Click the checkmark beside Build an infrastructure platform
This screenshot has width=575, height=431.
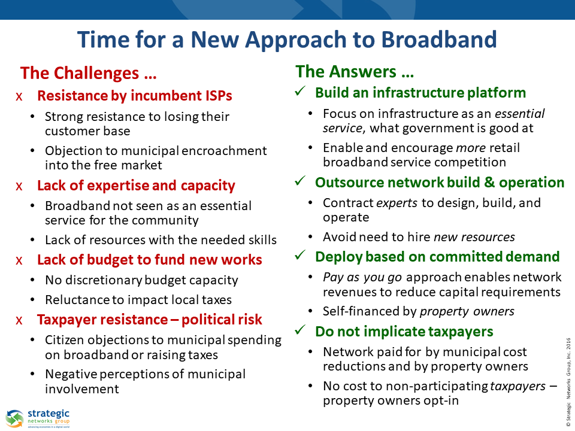point(300,91)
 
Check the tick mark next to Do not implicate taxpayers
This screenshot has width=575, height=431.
point(300,330)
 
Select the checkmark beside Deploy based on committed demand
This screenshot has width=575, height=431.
point(300,255)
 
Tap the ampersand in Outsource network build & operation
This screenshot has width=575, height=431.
point(489,183)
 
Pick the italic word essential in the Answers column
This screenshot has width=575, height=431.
point(520,114)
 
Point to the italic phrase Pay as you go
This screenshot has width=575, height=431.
point(362,277)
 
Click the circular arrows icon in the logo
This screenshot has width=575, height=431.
point(14,418)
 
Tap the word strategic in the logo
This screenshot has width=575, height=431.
point(49,414)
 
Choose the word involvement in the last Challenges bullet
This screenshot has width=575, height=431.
point(82,389)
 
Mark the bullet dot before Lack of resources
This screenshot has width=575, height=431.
point(32,240)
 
